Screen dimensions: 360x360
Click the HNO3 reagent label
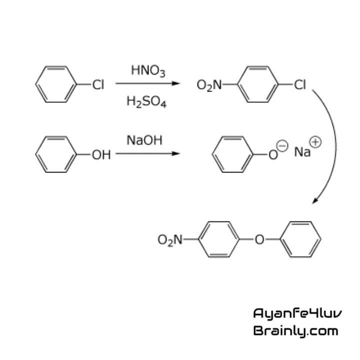coord(148,71)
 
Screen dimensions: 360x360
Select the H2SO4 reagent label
coord(146,102)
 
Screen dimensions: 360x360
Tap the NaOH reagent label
coord(144,140)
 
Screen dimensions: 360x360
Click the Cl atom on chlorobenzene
coord(97,85)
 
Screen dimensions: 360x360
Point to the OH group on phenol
coord(100,155)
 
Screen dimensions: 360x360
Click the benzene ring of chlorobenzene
coord(53,85)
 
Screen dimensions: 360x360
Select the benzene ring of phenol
coord(53,155)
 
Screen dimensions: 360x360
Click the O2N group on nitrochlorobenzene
coord(209,85)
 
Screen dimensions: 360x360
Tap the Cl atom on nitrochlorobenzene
coord(299,85)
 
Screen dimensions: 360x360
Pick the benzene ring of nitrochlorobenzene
coord(256,85)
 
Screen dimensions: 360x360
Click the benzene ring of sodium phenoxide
coord(230,155)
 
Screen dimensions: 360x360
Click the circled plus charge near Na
coord(316,142)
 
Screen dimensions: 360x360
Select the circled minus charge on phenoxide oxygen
coord(283,145)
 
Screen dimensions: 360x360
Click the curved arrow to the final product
coord(332,145)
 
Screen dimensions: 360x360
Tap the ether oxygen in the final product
coord(259,240)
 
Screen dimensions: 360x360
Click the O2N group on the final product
coord(170,240)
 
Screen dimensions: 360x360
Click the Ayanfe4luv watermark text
coord(297,313)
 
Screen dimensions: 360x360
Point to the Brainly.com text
coord(295,330)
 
